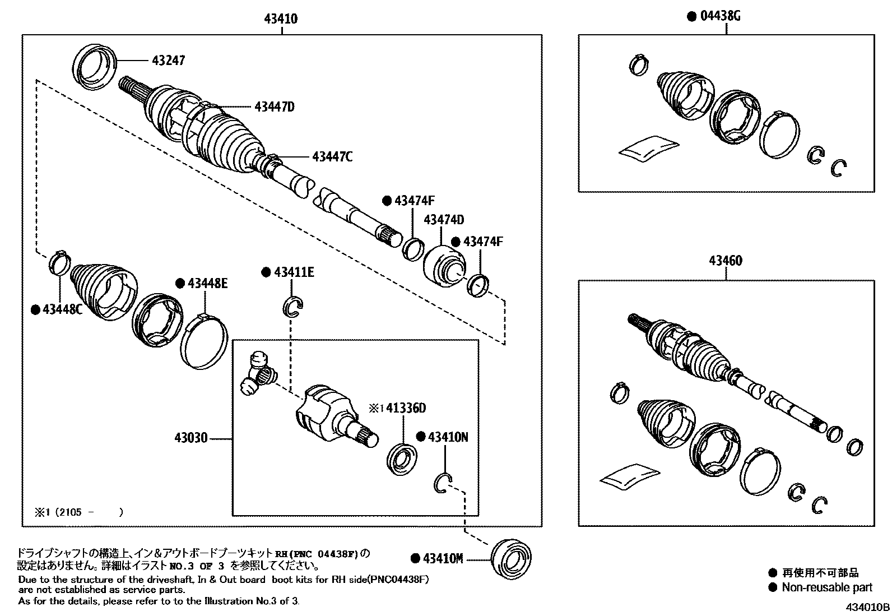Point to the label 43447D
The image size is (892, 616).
274,106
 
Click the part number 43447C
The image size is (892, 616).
332,157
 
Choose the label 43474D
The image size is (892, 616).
444,220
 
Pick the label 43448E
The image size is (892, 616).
207,284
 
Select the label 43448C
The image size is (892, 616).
62,309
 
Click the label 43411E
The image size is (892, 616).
294,272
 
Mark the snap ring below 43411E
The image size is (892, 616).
292,307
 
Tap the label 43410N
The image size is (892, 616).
448,437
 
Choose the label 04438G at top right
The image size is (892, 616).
720,16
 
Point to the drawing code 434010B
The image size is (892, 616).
867,607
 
